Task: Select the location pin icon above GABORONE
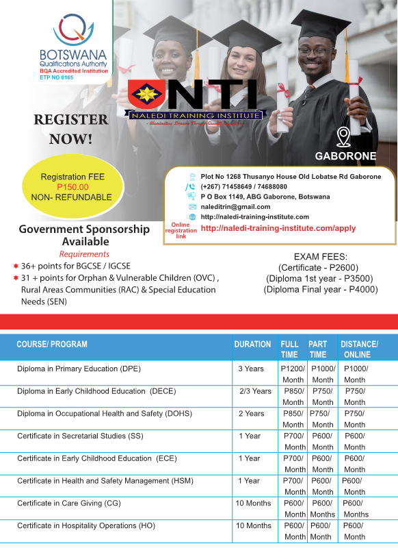pos(344,136)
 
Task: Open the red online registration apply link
pos(278,228)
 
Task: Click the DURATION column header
pos(252,344)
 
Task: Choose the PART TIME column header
pos(318,349)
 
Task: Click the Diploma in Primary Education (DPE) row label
pos(79,369)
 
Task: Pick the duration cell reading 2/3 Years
pos(254,391)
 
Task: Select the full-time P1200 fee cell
pos(293,374)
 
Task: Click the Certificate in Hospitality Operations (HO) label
pos(86,525)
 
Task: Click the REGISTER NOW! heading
pos(70,129)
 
